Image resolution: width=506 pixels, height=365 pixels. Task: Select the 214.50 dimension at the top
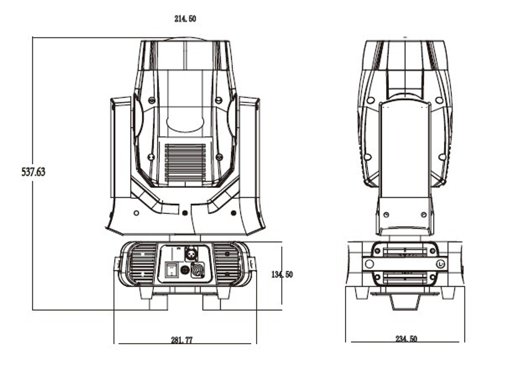[185, 19]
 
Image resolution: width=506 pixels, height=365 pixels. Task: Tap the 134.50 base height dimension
[282, 275]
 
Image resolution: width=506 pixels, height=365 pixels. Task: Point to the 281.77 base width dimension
[182, 340]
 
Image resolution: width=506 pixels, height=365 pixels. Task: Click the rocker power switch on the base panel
[173, 270]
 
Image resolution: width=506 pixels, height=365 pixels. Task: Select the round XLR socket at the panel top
[193, 252]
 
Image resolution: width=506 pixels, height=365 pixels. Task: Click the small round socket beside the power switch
[185, 270]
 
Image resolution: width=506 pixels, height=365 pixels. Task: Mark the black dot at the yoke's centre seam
[185, 212]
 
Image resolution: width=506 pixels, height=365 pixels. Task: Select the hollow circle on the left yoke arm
[136, 212]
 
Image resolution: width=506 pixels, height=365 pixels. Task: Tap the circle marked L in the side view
[441, 264]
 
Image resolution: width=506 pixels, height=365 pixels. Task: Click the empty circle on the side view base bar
[370, 264]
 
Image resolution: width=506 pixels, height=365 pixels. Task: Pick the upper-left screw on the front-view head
[151, 100]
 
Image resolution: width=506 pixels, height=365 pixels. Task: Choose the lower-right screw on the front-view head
[219, 157]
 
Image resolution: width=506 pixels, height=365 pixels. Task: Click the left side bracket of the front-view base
[116, 264]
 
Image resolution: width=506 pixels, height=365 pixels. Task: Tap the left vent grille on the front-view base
[140, 264]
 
